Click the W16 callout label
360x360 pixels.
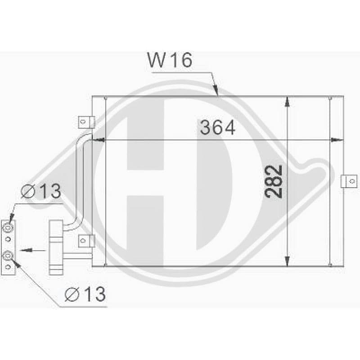click(x=170, y=60)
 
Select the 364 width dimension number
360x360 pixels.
click(x=217, y=127)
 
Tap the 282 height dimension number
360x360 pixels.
click(x=273, y=181)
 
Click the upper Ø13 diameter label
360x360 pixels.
click(x=41, y=191)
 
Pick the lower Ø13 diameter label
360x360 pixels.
click(x=85, y=294)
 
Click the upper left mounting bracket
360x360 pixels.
click(x=87, y=122)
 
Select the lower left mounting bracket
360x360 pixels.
click(x=87, y=241)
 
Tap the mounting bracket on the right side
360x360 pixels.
click(x=349, y=181)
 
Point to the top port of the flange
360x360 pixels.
click(x=8, y=228)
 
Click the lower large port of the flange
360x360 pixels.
click(x=8, y=256)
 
